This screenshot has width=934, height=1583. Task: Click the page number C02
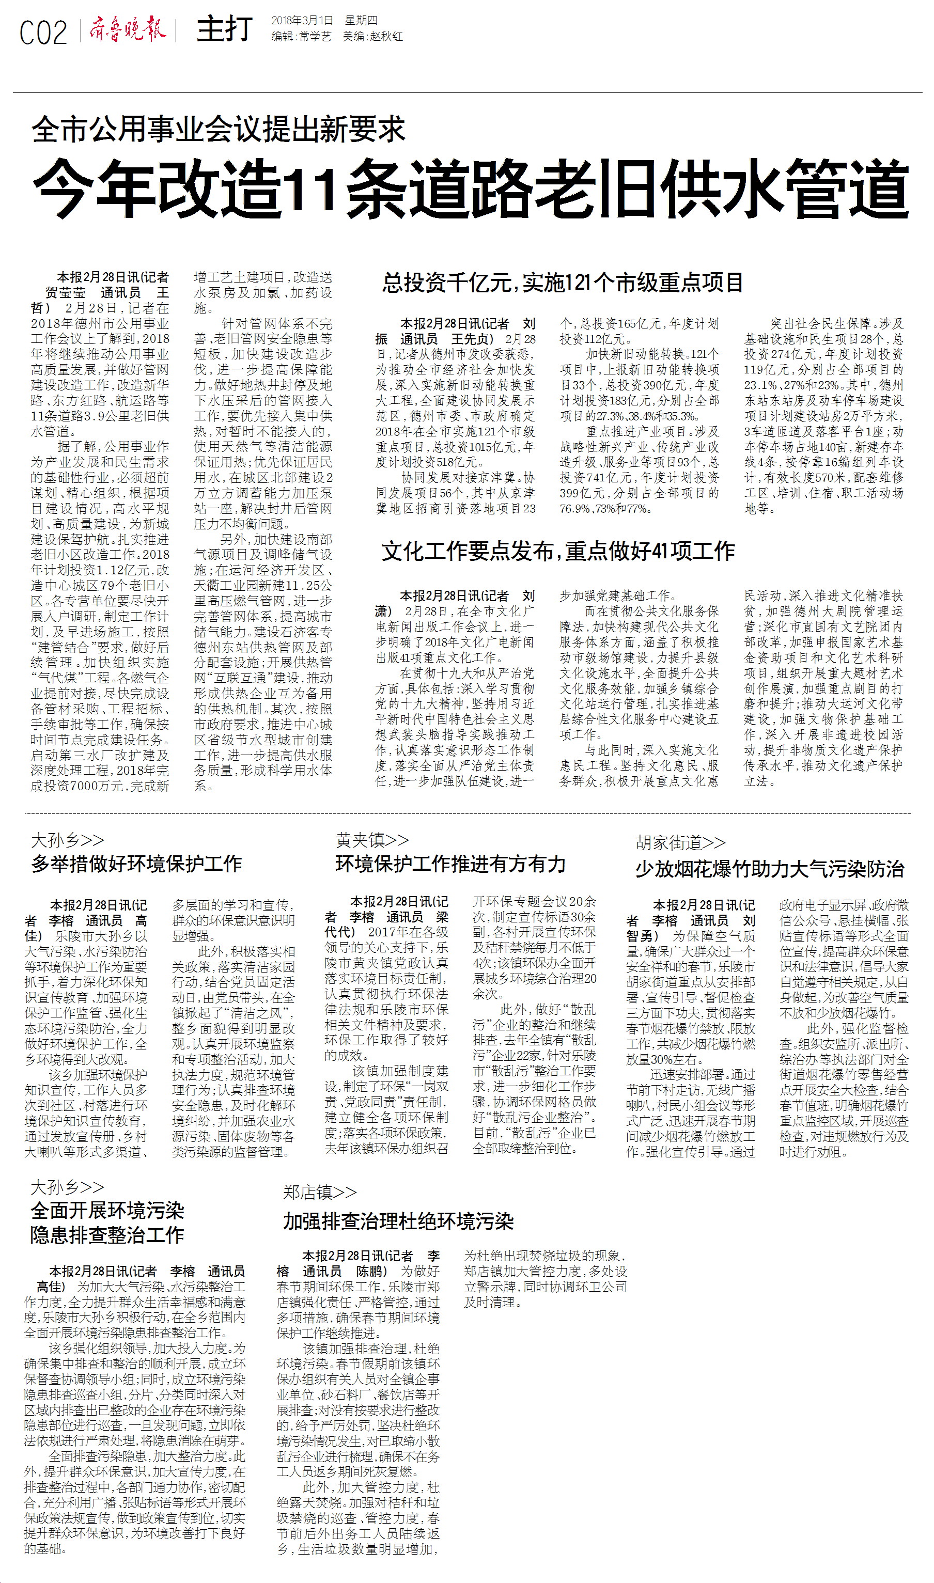tap(43, 32)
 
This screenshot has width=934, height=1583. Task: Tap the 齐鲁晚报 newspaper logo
tap(127, 29)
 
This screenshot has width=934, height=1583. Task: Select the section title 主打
tap(224, 29)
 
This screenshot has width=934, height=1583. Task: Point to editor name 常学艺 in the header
tap(315, 37)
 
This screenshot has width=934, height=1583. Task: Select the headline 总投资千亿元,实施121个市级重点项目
tap(563, 283)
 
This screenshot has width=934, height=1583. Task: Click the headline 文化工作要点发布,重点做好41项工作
tap(557, 551)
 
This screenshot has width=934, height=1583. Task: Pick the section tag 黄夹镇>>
tap(372, 839)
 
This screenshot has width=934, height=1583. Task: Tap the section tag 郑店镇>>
tap(320, 1192)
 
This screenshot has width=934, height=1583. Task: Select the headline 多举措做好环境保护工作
tap(136, 863)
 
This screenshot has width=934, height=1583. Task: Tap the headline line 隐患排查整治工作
tap(107, 1234)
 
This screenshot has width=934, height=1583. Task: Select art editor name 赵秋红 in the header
tap(386, 37)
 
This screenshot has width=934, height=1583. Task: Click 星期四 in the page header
tap(361, 21)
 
